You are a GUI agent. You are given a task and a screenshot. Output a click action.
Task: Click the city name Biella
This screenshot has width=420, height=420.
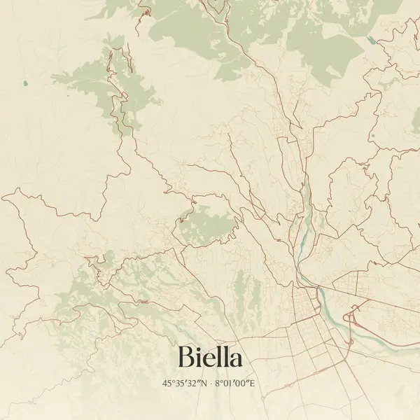210,357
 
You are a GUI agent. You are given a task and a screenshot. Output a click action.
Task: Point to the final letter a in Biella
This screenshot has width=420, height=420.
236,360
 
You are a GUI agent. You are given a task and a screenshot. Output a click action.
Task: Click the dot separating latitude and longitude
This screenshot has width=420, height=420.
211,384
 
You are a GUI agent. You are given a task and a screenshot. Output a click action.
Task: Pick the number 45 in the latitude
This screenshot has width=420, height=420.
167,384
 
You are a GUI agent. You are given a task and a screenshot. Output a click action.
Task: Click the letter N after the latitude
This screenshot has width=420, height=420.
204,384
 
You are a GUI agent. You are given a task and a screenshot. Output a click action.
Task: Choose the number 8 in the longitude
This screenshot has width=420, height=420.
218,384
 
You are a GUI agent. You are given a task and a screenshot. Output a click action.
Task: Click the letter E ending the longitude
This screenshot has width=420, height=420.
255,384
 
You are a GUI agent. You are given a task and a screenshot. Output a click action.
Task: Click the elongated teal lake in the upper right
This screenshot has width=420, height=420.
370,40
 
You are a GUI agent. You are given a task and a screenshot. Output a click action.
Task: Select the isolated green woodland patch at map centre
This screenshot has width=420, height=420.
206,224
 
